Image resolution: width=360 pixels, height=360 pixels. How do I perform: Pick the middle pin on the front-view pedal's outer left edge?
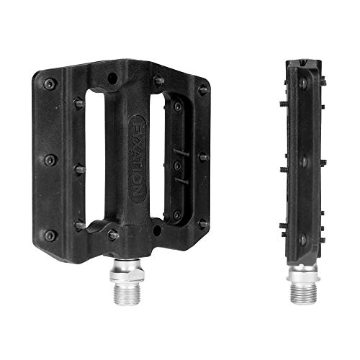49,160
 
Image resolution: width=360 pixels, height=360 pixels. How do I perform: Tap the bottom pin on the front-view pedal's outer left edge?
49,235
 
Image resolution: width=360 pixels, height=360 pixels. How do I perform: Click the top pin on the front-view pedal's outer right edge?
203,91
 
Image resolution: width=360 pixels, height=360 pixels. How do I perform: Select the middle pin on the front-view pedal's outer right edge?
204,156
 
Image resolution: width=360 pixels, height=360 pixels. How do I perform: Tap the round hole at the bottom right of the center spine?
156,231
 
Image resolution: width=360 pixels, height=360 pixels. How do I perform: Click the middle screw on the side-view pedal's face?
302,159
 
